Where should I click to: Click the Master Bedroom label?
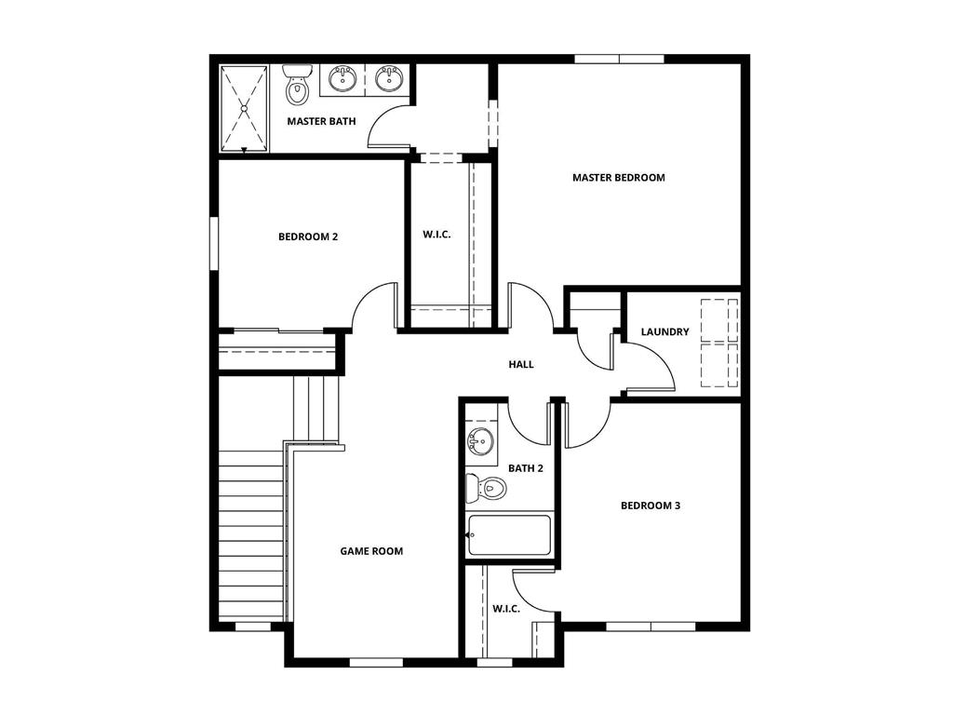tap(618, 178)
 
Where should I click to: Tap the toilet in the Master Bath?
tap(297, 86)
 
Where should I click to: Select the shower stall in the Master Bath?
tap(244, 108)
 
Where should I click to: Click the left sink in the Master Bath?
tap(342, 78)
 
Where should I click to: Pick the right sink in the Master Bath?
tap(388, 78)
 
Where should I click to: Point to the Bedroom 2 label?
tap(308, 236)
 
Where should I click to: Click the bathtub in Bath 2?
tap(508, 535)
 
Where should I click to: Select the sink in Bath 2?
tap(480, 441)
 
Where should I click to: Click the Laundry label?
tap(664, 332)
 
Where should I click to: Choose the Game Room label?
tap(371, 551)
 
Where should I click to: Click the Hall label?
tap(521, 364)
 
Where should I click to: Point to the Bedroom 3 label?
tap(651, 506)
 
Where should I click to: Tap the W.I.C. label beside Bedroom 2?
tap(436, 235)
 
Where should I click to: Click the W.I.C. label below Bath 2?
tap(505, 608)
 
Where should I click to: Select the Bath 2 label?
tap(526, 468)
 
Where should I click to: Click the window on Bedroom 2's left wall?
tap(213, 244)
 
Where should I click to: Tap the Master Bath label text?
tap(321, 121)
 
